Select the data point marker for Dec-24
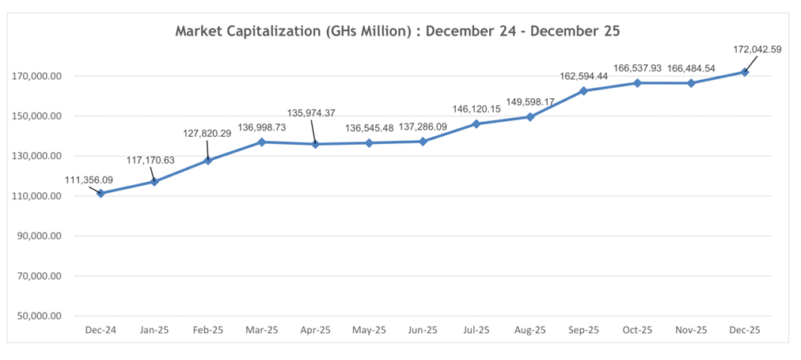(x=101, y=193)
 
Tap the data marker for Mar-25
(x=262, y=142)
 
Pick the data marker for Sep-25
(x=584, y=90)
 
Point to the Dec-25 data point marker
(x=745, y=72)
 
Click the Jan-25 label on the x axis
(x=154, y=331)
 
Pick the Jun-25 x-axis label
(x=423, y=331)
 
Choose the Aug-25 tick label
(x=530, y=331)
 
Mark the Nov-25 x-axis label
(x=691, y=331)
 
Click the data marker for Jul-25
(x=476, y=123)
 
